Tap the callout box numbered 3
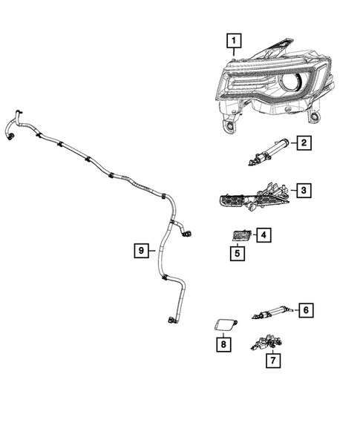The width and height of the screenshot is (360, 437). (304, 191)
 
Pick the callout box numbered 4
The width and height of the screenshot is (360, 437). (264, 235)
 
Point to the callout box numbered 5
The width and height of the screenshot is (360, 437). (237, 254)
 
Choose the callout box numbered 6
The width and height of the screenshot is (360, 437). (304, 310)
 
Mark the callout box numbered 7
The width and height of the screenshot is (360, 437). (274, 361)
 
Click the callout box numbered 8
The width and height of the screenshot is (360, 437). (221, 344)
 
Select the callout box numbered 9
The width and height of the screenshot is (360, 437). (140, 251)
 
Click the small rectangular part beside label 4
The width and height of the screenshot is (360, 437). (238, 236)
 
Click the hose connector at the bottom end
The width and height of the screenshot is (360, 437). (171, 320)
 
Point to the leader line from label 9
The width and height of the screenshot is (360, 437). (152, 251)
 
